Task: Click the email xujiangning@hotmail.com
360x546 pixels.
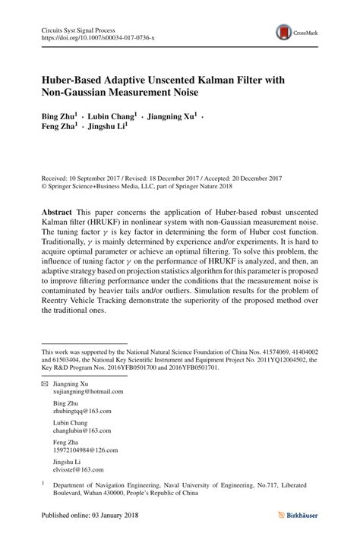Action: pos(87,391)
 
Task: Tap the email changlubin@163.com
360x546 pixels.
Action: pos(82,430)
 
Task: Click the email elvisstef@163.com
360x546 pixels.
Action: pos(78,469)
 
